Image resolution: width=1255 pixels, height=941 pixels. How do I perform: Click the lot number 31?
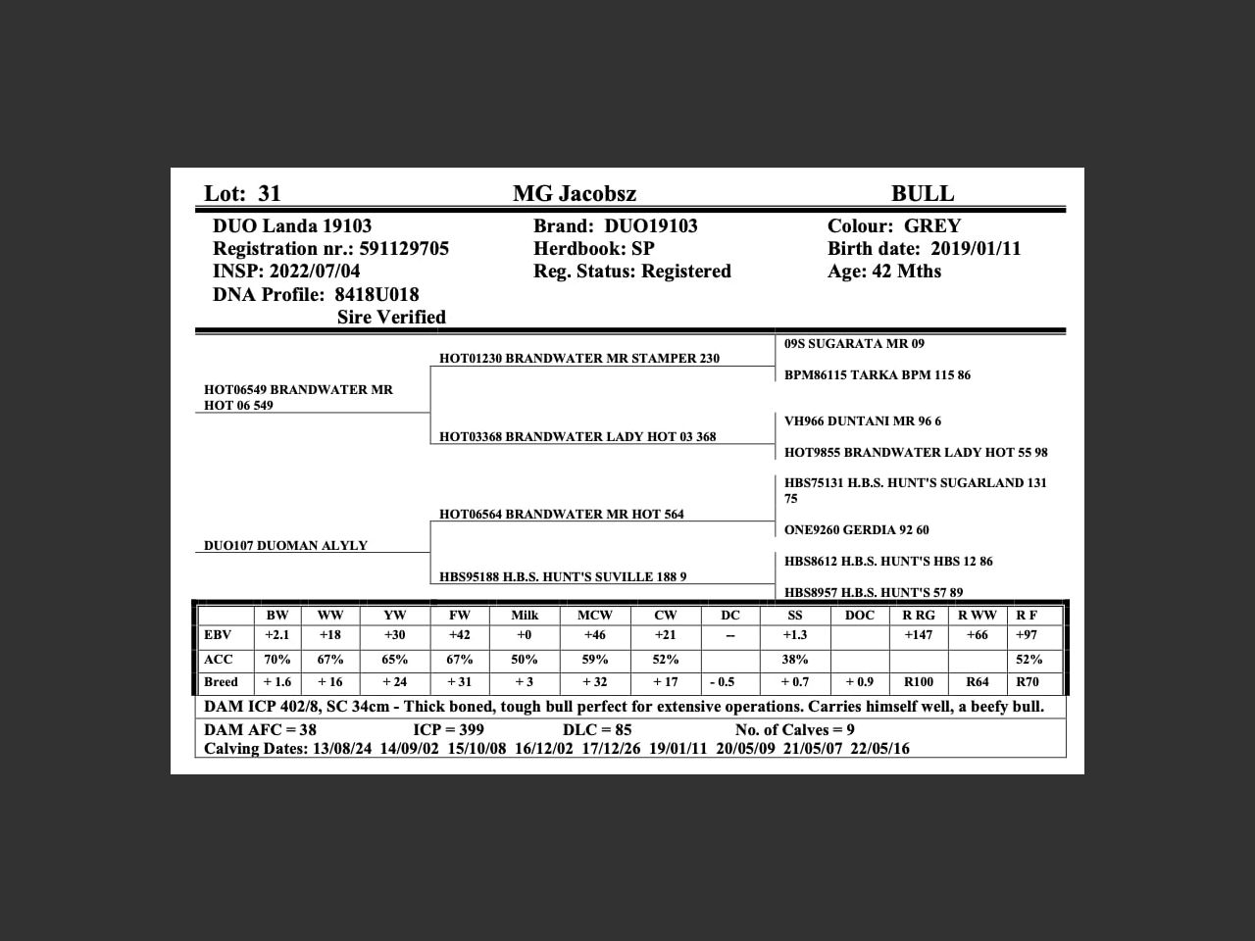(x=269, y=194)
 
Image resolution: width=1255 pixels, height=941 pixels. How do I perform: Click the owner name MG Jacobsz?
(x=575, y=194)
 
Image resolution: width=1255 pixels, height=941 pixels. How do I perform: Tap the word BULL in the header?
(x=922, y=194)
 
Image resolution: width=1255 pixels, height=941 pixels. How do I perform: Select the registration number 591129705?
(x=404, y=249)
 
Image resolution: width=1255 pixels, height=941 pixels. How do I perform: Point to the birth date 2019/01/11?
(x=976, y=249)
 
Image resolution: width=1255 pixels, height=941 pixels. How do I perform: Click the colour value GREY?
(x=932, y=226)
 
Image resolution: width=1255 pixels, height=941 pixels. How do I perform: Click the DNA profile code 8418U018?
(x=376, y=295)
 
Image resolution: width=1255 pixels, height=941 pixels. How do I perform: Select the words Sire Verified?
(x=391, y=318)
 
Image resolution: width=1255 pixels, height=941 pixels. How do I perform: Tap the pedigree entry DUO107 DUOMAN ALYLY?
(x=285, y=546)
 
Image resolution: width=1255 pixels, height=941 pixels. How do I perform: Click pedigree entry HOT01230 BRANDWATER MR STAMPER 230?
(x=579, y=359)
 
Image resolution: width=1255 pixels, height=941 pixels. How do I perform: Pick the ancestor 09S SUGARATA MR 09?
(x=854, y=344)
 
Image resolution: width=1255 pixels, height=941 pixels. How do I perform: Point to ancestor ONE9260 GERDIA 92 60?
(x=857, y=530)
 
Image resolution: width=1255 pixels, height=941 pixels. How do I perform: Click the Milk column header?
(x=525, y=616)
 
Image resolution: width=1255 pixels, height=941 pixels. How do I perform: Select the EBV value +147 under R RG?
(x=919, y=635)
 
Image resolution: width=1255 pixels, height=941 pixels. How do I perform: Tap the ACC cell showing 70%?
(x=277, y=660)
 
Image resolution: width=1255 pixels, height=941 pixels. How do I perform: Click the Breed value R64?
(x=978, y=682)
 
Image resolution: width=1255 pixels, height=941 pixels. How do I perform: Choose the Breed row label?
(x=222, y=682)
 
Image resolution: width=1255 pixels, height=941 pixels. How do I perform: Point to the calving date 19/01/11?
(x=678, y=749)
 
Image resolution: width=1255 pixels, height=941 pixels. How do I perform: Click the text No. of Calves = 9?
(x=794, y=730)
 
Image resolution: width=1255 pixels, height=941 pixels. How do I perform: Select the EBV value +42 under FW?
(x=460, y=635)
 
